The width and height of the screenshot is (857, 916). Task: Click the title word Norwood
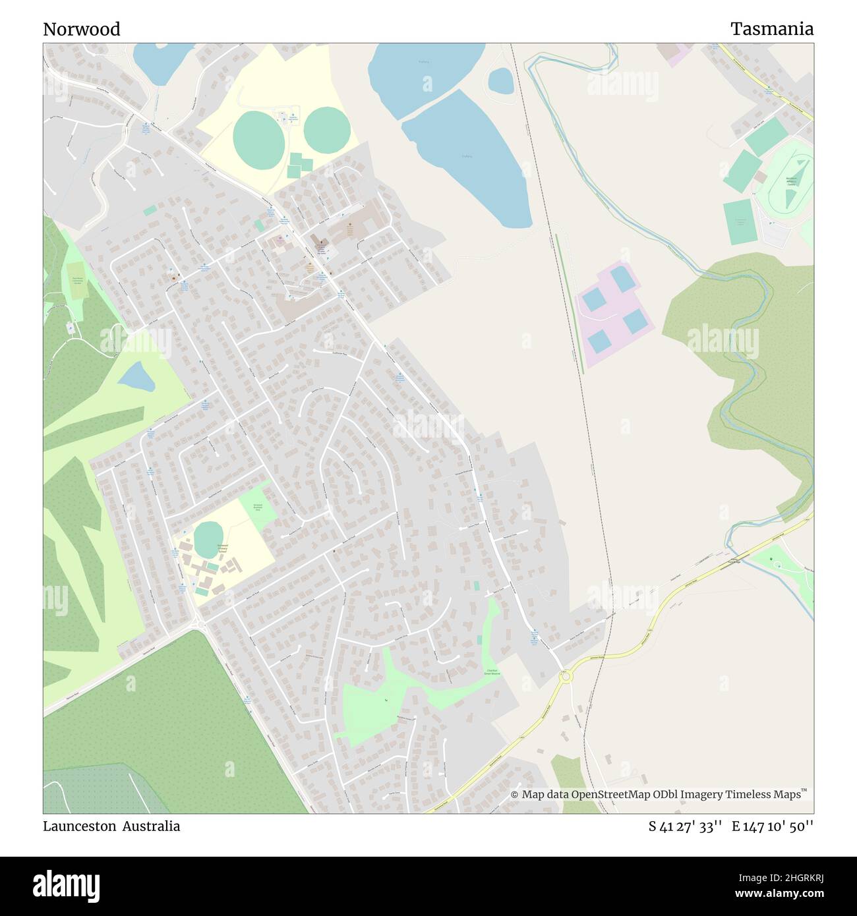(x=82, y=29)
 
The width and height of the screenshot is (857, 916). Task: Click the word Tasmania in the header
(x=771, y=29)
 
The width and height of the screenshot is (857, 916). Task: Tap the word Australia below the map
(x=153, y=826)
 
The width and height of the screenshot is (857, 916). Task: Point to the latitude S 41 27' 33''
(x=686, y=826)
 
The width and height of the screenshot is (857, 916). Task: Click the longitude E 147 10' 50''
(x=773, y=826)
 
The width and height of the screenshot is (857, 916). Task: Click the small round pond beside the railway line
(x=500, y=81)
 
